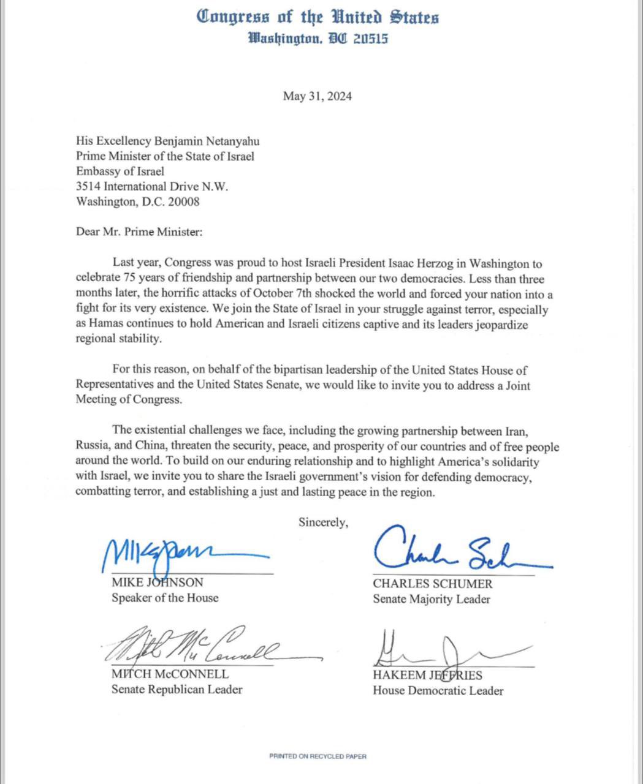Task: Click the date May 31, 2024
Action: coord(317,96)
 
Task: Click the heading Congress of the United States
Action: coord(318,17)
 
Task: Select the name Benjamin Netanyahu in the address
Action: coord(208,141)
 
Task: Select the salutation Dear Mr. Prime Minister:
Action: coord(139,232)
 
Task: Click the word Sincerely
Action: coord(323,522)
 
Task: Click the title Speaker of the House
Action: coord(165,598)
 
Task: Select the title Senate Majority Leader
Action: coord(432,599)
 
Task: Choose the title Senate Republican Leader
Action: coord(177,690)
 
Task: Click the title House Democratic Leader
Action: coord(438,691)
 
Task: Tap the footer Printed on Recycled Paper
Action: coord(318,756)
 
